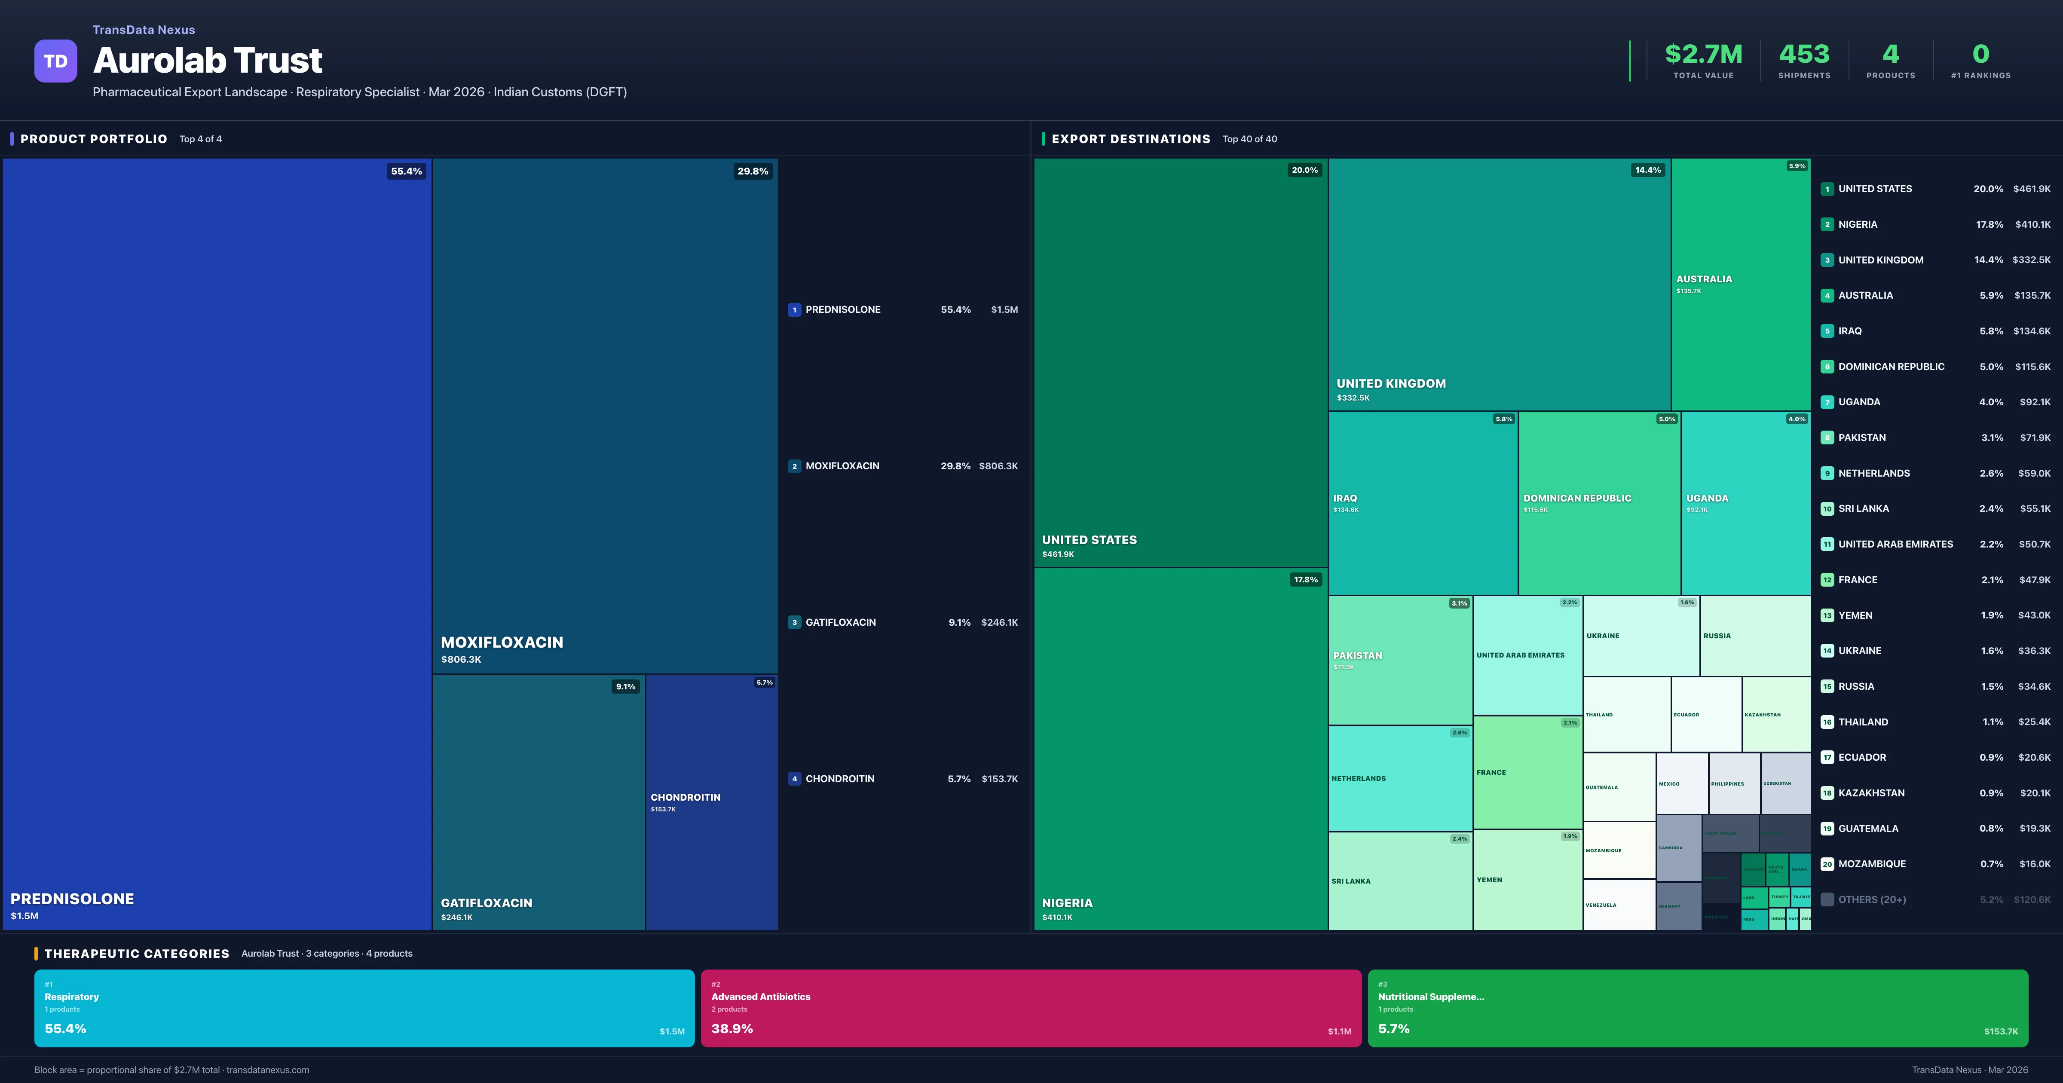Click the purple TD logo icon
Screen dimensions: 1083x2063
[x=55, y=61]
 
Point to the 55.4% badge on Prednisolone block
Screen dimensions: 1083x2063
[x=406, y=171]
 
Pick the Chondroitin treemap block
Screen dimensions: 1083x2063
[x=711, y=801]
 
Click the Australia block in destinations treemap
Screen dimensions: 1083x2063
[x=1740, y=285]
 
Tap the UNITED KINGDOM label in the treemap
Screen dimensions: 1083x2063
[x=1391, y=384]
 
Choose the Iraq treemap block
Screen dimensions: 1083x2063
[x=1422, y=503]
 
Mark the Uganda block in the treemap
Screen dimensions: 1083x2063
[x=1745, y=503]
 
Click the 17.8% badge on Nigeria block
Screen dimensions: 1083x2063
[x=1305, y=580]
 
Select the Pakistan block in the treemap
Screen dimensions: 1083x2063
[x=1399, y=660]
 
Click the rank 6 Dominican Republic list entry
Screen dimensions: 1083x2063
[x=1891, y=367]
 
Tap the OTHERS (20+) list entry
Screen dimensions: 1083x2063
[x=1872, y=899]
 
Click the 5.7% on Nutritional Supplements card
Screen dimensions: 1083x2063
[x=1393, y=1028]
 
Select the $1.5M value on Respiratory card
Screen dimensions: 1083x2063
[x=671, y=1032]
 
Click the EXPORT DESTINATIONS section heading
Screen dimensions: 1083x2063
[x=1130, y=139]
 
